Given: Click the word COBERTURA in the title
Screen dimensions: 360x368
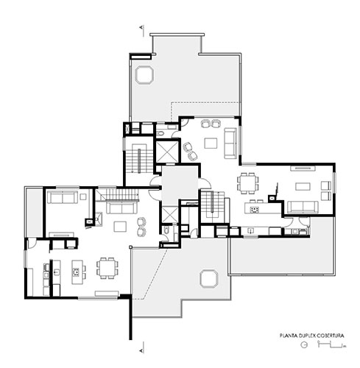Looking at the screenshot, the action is tap(330, 336).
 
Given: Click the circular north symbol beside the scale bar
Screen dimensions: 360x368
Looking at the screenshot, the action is tap(304, 344).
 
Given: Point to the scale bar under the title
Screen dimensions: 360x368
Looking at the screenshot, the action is tap(331, 344).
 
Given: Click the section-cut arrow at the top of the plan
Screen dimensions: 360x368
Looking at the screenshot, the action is tap(142, 28).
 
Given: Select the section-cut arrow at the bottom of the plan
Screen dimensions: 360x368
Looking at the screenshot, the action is tap(142, 350).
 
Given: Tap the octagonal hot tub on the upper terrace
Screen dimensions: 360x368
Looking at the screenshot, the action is tap(144, 74).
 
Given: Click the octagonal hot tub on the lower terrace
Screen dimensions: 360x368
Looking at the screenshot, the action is tap(208, 279).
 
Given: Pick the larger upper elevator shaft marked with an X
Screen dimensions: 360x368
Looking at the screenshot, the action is tap(167, 152).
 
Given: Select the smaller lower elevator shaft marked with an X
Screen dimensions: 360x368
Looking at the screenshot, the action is tap(170, 214).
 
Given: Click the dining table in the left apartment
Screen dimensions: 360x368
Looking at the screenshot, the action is tap(107, 268).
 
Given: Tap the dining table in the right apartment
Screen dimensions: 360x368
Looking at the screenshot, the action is tap(248, 183).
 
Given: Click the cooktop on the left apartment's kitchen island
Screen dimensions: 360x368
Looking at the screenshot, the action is tap(76, 272).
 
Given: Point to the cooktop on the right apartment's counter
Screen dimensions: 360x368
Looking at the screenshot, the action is tap(255, 210).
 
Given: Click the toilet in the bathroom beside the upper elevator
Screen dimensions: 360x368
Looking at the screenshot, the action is tap(160, 133).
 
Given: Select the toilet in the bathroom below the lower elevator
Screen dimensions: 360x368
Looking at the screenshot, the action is tap(166, 230).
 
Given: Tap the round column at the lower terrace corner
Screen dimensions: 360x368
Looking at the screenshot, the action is tap(131, 247).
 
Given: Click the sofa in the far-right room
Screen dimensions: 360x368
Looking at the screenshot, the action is tap(303, 207).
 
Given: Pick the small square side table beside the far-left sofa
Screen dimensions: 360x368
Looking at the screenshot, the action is tap(83, 197).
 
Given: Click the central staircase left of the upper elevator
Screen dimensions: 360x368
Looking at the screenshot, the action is tap(139, 158).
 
